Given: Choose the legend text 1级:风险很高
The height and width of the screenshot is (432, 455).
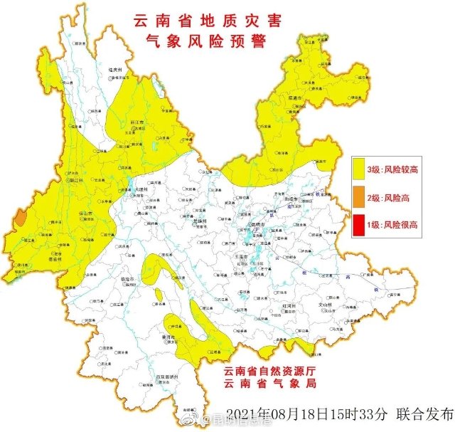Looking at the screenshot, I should point(392,225).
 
